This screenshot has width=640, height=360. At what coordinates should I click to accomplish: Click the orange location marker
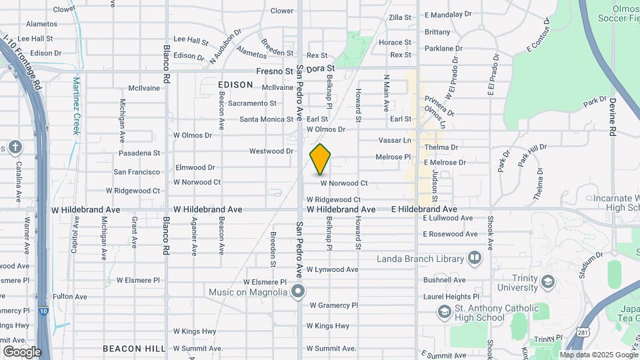coord(320,159)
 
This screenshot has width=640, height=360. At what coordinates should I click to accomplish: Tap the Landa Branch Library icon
coord(474,257)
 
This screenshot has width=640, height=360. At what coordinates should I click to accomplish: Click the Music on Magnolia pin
coord(298,291)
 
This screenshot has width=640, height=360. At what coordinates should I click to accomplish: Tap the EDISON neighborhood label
coord(235,85)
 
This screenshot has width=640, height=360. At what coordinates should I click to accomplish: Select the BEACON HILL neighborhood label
coord(134,349)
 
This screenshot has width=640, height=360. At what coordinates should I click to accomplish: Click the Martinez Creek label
coord(76,107)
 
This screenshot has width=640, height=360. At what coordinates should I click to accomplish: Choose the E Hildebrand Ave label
coord(424,209)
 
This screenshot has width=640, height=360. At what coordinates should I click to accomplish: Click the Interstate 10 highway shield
coord(43,310)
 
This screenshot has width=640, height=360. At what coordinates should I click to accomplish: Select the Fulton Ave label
coord(70,296)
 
